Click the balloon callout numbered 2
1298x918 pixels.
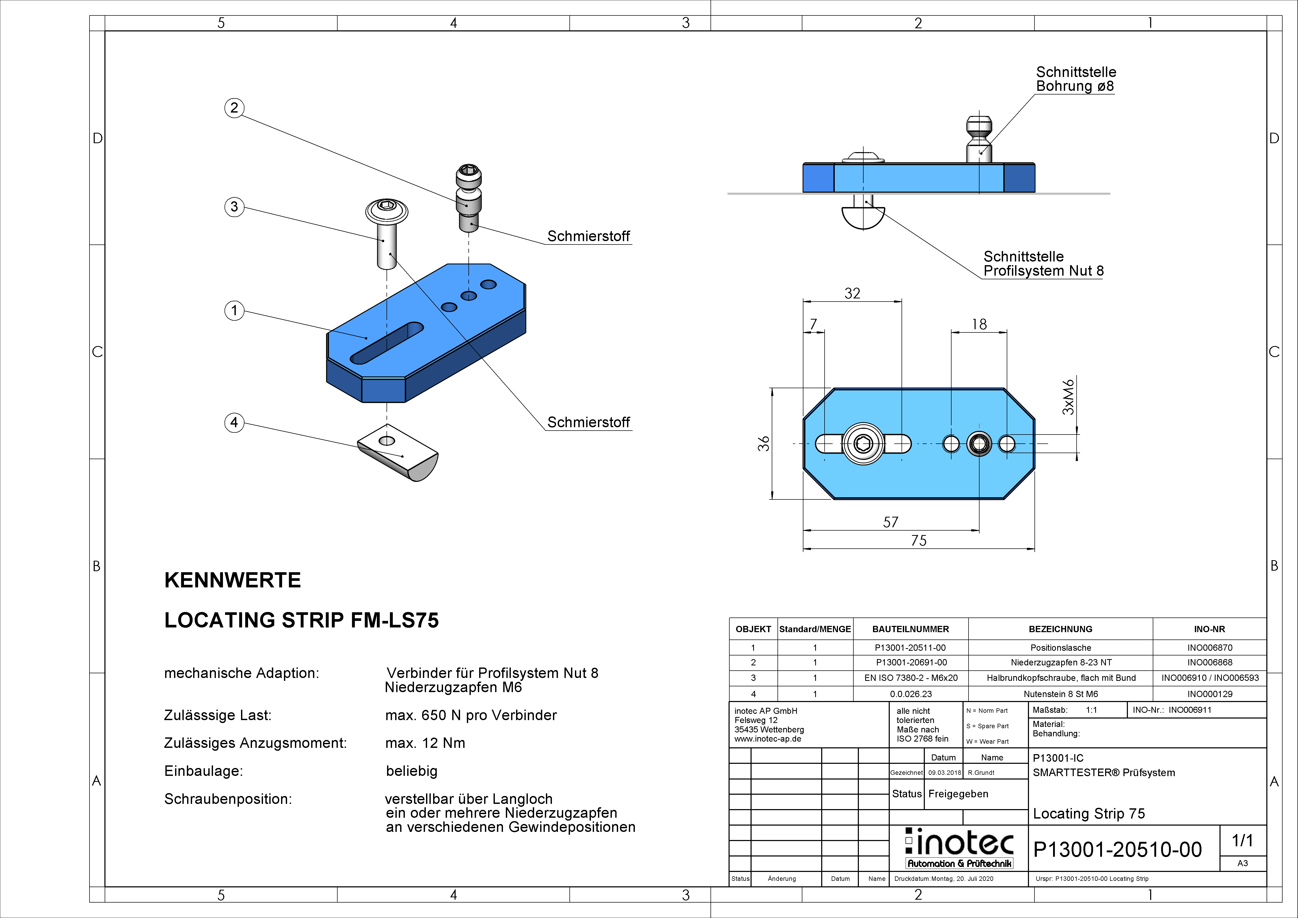234,108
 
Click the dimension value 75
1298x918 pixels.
919,540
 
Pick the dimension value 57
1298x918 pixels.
890,522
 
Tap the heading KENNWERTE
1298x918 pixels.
232,580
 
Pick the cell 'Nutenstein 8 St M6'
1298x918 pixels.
1061,694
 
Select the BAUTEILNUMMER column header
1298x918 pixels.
910,629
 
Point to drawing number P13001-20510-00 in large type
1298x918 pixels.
1117,850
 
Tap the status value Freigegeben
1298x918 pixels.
958,794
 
